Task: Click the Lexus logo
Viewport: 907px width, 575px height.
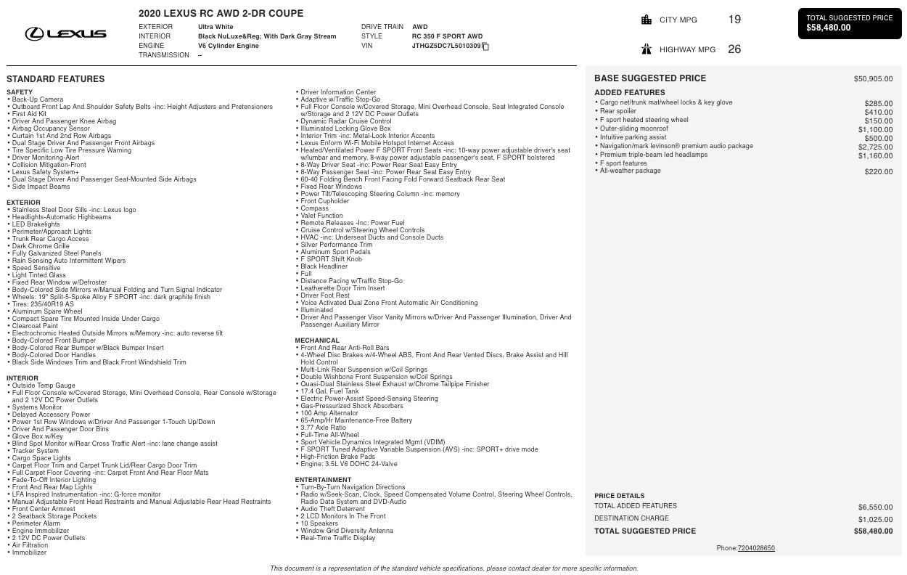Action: click(x=65, y=33)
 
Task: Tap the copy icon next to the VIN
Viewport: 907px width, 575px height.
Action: click(x=485, y=46)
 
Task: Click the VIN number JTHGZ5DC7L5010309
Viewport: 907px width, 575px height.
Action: click(x=446, y=46)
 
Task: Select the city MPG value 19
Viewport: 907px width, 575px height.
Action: click(x=734, y=20)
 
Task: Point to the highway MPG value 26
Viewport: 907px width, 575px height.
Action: click(x=734, y=49)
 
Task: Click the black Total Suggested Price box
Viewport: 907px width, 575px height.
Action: click(x=849, y=23)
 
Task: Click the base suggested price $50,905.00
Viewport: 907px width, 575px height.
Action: click(x=873, y=78)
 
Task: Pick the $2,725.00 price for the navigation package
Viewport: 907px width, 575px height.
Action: click(x=875, y=147)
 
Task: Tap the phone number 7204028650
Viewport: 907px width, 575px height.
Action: click(x=756, y=548)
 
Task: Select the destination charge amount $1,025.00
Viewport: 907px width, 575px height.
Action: click(x=875, y=519)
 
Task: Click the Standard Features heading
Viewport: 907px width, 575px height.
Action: click(x=55, y=79)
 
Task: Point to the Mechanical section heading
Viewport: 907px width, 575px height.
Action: click(x=317, y=340)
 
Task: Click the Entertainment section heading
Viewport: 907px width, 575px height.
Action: click(x=323, y=480)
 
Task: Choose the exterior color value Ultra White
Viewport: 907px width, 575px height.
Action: click(x=216, y=27)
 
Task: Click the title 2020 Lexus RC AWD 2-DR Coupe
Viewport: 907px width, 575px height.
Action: click(x=221, y=13)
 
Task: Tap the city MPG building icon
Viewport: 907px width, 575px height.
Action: click(x=647, y=20)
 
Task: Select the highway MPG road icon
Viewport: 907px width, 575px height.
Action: click(x=647, y=49)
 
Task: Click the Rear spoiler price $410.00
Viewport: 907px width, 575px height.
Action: click(x=878, y=113)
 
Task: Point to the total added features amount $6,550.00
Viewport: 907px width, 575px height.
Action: click(x=875, y=507)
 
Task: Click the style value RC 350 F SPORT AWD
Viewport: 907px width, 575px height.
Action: click(x=447, y=36)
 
